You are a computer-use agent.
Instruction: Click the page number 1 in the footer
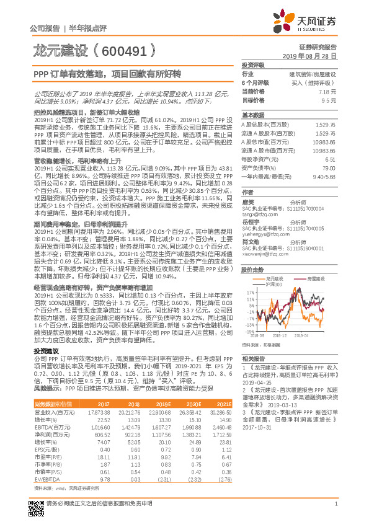point(335,510)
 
